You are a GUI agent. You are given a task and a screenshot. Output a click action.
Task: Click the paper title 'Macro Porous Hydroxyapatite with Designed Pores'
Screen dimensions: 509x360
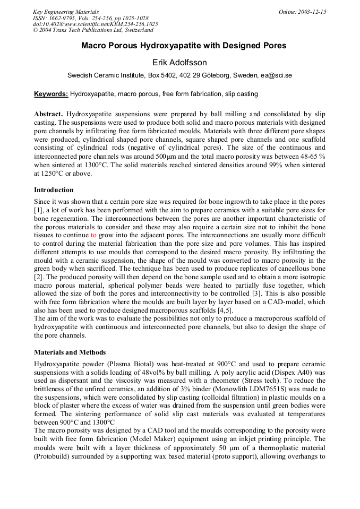(x=184, y=46)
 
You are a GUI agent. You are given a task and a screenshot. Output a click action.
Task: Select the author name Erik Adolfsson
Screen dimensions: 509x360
(x=179, y=63)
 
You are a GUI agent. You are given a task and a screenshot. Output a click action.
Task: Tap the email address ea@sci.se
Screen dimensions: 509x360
(x=276, y=76)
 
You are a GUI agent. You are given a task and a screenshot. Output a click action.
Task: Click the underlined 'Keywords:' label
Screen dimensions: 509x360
(x=51, y=94)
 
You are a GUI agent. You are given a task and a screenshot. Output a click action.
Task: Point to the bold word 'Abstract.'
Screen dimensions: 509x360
(x=49, y=114)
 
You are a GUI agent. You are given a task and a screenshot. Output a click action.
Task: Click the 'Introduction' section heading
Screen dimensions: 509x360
(x=54, y=190)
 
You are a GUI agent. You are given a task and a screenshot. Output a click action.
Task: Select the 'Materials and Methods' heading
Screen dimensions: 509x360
(x=70, y=352)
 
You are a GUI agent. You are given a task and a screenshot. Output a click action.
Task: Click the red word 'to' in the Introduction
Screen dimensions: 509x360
(x=93, y=234)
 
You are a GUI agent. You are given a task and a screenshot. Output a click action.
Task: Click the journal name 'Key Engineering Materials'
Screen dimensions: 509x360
(x=65, y=12)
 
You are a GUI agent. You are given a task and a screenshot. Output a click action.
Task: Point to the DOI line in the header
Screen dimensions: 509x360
(x=95, y=24)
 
